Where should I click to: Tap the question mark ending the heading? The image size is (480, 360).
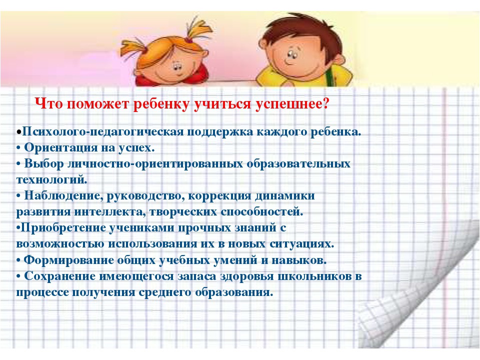[325, 103]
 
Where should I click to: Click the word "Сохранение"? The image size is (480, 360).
[59, 276]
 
